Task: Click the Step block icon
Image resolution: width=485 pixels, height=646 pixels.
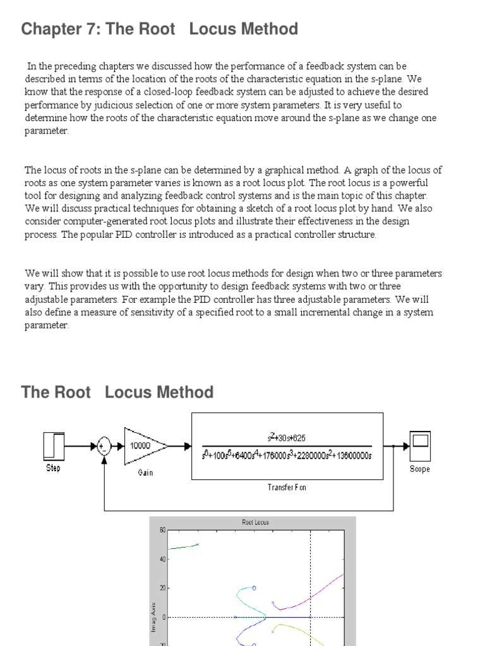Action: pos(53,446)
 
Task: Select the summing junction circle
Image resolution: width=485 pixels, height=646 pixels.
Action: pos(104,446)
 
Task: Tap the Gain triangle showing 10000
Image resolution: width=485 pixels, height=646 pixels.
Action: pos(143,445)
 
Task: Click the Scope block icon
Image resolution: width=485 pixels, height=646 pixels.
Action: pos(419,445)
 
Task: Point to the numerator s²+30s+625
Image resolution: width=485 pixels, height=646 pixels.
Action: pos(287,437)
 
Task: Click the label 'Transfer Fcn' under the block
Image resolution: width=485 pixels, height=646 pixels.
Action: pos(287,488)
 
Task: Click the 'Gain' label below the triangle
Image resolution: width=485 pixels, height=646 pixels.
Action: pos(145,472)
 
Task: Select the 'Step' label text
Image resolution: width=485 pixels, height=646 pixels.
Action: pos(53,468)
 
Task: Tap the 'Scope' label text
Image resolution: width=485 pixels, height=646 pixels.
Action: pos(419,469)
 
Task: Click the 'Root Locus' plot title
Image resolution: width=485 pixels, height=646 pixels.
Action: pos(255,522)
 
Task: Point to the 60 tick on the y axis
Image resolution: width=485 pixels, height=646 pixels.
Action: pos(162,530)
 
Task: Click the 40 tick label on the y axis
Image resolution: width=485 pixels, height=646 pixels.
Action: pos(162,559)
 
